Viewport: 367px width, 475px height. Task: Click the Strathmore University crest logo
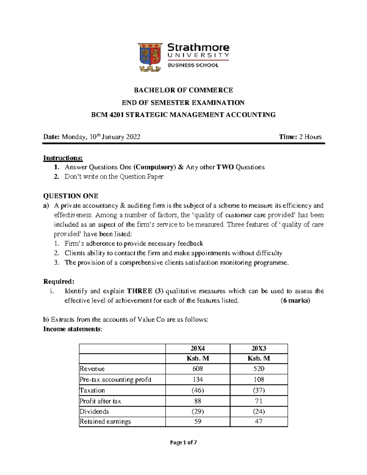tap(150, 57)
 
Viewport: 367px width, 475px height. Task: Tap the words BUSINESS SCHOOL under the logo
tap(193, 65)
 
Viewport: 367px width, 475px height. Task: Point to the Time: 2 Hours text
tap(300, 137)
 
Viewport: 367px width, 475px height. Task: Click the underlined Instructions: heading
tap(63, 158)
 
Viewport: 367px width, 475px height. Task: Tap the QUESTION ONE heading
tap(71, 196)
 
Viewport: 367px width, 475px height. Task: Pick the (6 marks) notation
tap(295, 300)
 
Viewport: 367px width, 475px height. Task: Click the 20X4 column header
tap(198, 349)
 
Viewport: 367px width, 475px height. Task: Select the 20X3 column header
tap(259, 349)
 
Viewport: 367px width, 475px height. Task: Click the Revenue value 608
tap(198, 369)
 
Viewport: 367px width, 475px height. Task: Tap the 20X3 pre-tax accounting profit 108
tap(259, 380)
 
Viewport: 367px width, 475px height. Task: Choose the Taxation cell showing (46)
tap(198, 390)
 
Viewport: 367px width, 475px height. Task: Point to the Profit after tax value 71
tap(259, 401)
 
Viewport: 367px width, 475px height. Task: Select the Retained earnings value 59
tap(198, 421)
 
